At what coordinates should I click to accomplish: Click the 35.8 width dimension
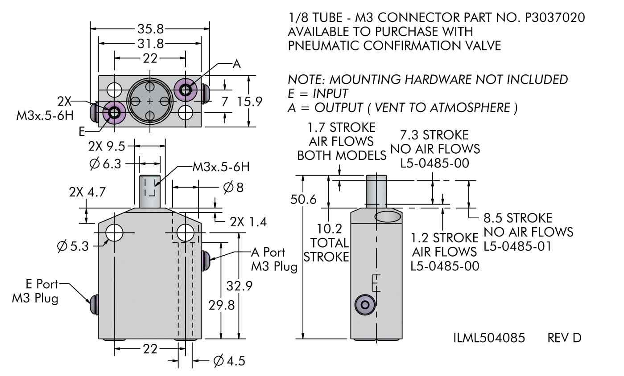150,29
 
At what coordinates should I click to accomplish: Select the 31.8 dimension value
150,43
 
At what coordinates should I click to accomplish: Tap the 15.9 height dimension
249,102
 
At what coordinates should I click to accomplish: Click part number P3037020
554,17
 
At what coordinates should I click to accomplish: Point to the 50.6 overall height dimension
303,199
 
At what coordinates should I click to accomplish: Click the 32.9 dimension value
239,286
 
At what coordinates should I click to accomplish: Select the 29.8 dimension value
222,305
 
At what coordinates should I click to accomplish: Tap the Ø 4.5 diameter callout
229,361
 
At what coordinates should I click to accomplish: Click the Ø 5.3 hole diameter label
73,246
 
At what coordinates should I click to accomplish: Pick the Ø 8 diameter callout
233,187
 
